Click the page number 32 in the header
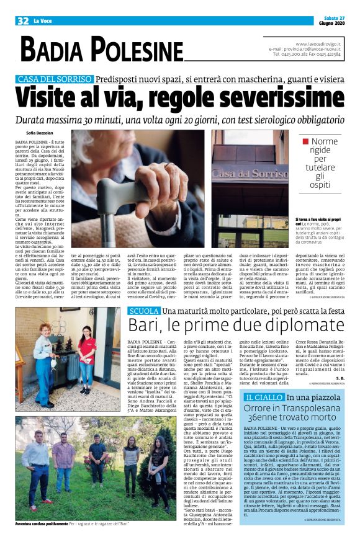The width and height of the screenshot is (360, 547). pos(23,20)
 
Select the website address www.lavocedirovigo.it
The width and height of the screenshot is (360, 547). pos(317,43)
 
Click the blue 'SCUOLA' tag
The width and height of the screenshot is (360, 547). pos(143,311)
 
